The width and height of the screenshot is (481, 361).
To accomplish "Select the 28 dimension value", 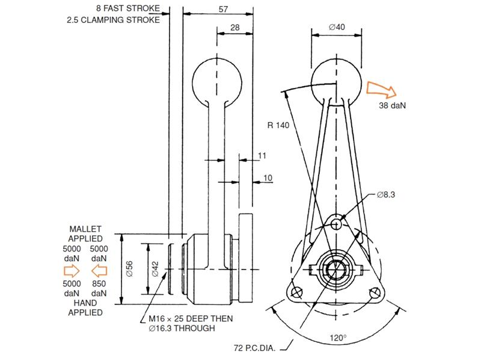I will pos(234,28).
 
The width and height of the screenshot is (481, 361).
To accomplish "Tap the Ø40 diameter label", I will pos(336,26).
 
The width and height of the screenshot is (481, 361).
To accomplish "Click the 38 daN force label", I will pos(393,105).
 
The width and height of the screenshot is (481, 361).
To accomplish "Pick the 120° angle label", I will pos(338,338).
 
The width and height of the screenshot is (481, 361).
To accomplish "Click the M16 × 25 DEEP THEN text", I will pos(191,318).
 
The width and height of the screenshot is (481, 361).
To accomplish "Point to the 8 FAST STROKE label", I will pos(128,8).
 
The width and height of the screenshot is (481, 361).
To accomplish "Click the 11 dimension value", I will pos(262,156).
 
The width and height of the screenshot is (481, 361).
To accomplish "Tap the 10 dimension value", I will pos(268,178).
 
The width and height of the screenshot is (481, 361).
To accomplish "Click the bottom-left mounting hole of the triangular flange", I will pos(295,292).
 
